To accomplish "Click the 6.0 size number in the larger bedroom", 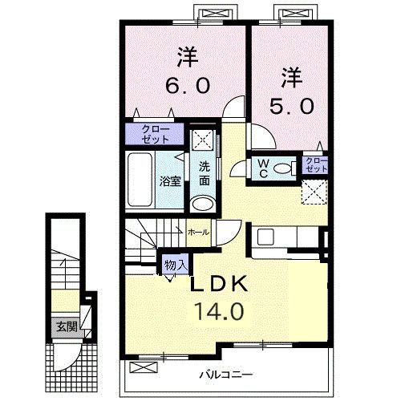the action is (188, 85).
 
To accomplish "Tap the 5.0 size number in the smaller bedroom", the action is (291, 106).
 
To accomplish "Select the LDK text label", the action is (219, 284).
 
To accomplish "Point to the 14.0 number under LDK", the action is (220, 310).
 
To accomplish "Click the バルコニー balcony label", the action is (226, 375).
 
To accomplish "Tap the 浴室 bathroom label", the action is (170, 181).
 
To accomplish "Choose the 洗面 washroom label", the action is (205, 174).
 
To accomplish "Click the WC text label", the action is (264, 168).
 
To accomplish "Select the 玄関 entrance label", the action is (67, 326).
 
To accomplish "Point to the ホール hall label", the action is (198, 232).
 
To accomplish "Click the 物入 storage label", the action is (176, 265).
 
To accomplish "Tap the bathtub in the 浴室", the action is (140, 180).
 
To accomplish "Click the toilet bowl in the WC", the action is (285, 168).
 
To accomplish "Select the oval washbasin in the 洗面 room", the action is (203, 204).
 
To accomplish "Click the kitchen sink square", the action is (265, 236).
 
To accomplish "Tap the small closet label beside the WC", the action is (316, 164).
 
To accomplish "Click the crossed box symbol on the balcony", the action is (144, 367).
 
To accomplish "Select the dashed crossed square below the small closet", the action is (314, 192).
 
